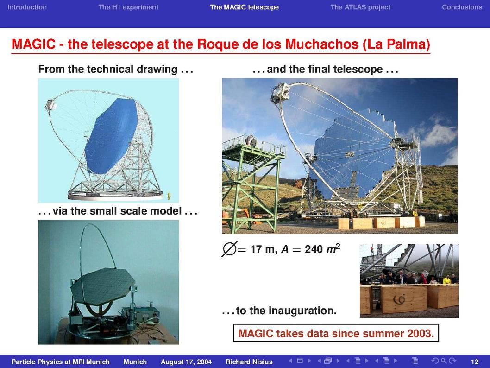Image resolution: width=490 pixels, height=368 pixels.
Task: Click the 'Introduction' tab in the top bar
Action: [27, 7]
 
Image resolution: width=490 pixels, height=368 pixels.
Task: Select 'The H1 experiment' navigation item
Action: [128, 7]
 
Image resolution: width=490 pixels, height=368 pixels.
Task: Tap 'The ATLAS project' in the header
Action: [360, 7]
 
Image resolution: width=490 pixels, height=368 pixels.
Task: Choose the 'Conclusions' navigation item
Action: [462, 7]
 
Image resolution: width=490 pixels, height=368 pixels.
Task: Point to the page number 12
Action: [474, 362]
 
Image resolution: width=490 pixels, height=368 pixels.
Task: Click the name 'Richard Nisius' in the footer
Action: [249, 362]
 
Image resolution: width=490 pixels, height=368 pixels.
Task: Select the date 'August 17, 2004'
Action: [186, 362]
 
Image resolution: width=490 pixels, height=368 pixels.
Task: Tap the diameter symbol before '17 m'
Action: [230, 249]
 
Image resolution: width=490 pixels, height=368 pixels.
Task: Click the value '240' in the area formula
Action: [314, 249]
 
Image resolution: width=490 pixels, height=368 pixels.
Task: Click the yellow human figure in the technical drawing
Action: [169, 196]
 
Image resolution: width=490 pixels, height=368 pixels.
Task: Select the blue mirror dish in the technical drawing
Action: [111, 136]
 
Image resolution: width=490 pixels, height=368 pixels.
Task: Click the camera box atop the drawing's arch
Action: [51, 104]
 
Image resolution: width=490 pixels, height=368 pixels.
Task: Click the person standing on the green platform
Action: [251, 141]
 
